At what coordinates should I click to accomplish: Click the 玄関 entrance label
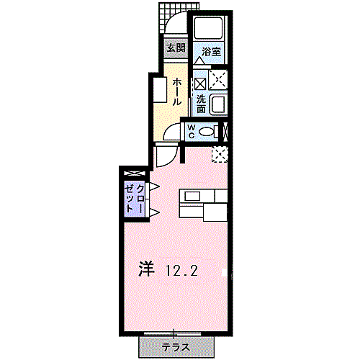pos(175,49)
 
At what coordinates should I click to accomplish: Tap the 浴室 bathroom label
pos(211,52)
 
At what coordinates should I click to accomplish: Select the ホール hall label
pos(176,91)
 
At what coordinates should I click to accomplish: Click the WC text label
pos(192,130)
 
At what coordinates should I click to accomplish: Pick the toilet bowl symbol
pos(209,131)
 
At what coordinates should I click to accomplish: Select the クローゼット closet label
pos(135,196)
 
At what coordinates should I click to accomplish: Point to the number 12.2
pos(181,271)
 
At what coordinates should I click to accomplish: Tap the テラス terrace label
pos(176,347)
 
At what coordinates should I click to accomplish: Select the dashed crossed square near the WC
pos(219,153)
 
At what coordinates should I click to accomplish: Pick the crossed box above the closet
pos(134,174)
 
